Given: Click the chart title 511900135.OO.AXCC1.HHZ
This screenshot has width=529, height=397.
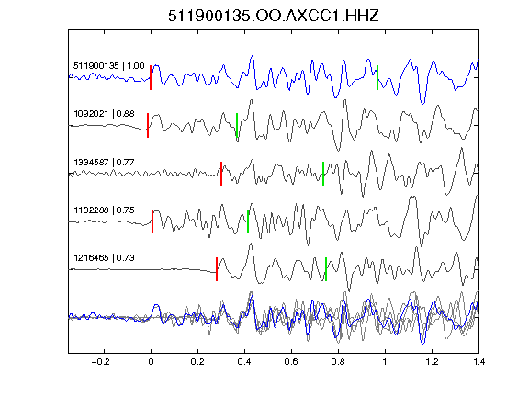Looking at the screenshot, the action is click(x=274, y=16).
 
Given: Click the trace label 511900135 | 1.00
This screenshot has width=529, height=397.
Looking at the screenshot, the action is click(x=109, y=65).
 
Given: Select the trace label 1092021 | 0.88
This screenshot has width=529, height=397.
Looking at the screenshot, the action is click(x=104, y=113).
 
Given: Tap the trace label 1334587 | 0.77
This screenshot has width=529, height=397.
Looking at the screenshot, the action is click(x=104, y=163).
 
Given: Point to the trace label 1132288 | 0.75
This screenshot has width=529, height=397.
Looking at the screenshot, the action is click(x=104, y=210).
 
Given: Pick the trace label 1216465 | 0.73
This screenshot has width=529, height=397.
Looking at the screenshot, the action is click(x=104, y=258).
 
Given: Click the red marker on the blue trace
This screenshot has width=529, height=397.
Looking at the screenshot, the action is click(x=151, y=77).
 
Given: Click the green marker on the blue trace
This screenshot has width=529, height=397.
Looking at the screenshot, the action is click(x=377, y=77).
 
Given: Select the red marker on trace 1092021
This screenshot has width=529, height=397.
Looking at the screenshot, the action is click(x=148, y=126).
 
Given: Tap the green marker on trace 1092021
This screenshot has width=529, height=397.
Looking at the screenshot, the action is click(x=237, y=126).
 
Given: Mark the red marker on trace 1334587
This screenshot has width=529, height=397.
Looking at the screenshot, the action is click(x=221, y=174).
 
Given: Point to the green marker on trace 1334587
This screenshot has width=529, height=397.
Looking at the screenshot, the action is click(x=323, y=174).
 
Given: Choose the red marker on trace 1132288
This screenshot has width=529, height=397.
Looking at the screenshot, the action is click(x=152, y=221).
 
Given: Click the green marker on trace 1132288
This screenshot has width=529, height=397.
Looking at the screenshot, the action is click(x=248, y=221).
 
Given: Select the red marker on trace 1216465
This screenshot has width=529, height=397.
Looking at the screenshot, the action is click(x=217, y=269).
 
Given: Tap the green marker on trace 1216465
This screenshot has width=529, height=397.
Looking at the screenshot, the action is click(x=326, y=269).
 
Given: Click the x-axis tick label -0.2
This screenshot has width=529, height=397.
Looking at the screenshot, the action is click(x=100, y=362).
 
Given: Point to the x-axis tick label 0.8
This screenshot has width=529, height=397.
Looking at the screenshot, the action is click(x=338, y=362).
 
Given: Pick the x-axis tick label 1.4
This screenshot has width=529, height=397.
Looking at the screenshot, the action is click(x=478, y=362).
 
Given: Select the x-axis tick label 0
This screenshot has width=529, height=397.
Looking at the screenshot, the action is click(x=151, y=362).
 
